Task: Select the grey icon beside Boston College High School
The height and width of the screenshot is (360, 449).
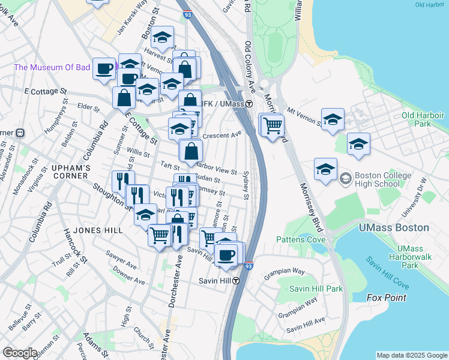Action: pyautogui.click(x=345, y=178)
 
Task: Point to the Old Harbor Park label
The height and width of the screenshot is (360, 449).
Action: pyautogui.click(x=423, y=119)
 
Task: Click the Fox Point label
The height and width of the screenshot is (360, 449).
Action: pyautogui.click(x=387, y=298)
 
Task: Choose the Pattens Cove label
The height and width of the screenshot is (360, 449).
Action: pyautogui.click(x=300, y=240)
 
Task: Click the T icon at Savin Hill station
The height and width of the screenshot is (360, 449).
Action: pyautogui.click(x=237, y=281)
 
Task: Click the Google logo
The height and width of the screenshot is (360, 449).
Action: pyautogui.click(x=20, y=353)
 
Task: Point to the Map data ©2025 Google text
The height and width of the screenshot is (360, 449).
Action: pyautogui.click(x=411, y=355)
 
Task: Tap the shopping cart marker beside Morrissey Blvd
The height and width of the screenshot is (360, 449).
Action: pyautogui.click(x=273, y=126)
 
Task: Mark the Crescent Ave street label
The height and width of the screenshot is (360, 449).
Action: pyautogui.click(x=221, y=136)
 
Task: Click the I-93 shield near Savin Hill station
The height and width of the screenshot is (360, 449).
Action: pyautogui.click(x=249, y=265)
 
